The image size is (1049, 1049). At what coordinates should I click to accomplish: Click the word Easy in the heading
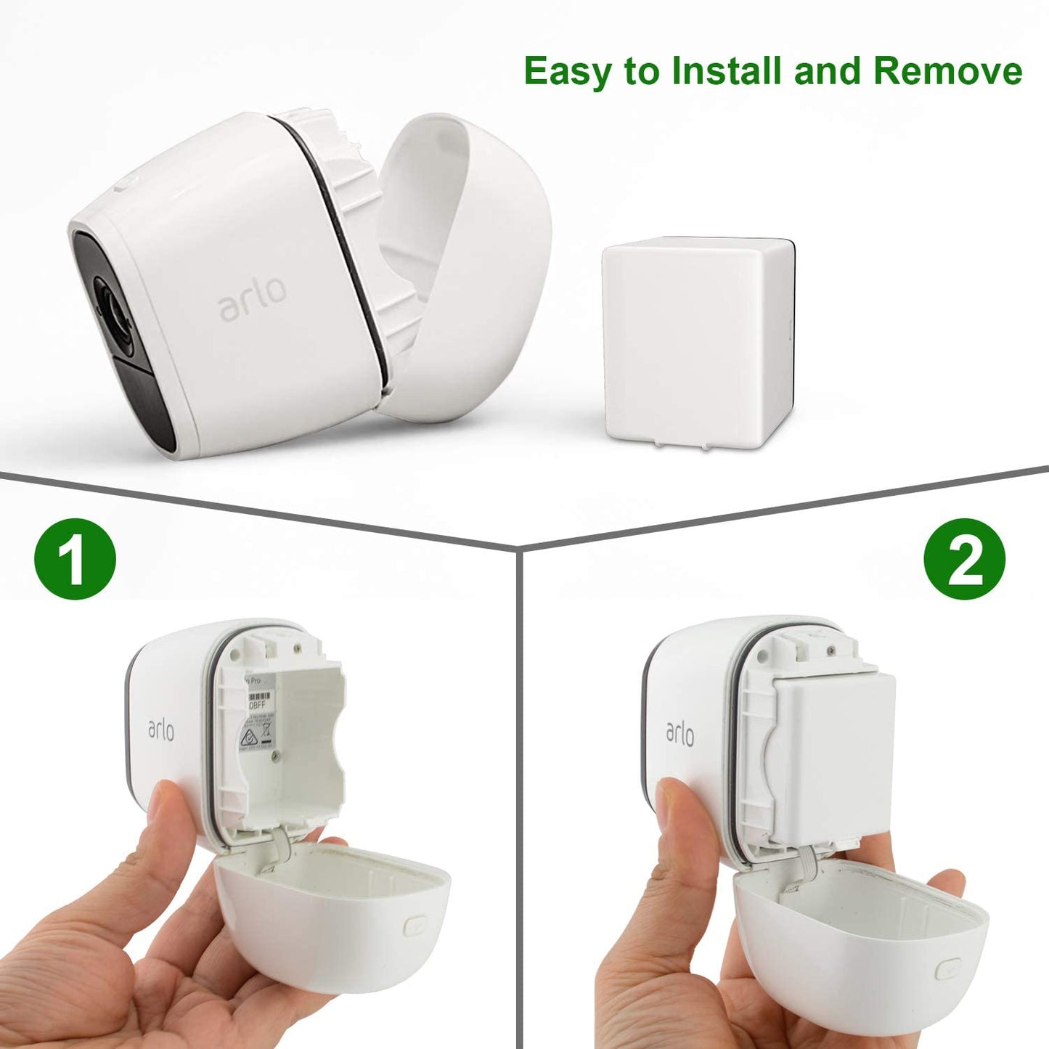568,72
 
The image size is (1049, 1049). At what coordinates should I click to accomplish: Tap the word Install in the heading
727,71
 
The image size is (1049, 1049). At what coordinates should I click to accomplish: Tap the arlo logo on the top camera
252,298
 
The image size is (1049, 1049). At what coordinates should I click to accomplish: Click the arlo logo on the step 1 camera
161,729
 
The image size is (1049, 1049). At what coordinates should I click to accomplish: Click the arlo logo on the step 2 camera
680,733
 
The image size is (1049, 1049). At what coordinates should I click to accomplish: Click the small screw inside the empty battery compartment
275,756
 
